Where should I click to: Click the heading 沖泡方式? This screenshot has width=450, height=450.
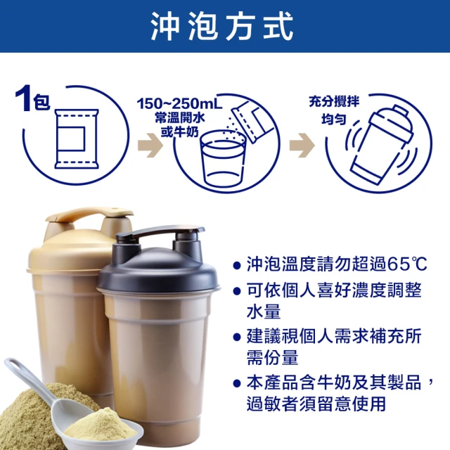coord(222,27)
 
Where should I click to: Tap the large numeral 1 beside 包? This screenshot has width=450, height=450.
coord(23,98)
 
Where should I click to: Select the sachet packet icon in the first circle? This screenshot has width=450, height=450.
coord(77,139)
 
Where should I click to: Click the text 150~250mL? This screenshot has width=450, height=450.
coord(179,103)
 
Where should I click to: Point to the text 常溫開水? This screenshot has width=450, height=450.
coord(180,117)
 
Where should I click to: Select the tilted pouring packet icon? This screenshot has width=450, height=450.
coord(252,121)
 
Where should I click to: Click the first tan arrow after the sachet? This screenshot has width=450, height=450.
coord(150,146)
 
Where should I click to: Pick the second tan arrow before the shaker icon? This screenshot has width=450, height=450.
coord(302,146)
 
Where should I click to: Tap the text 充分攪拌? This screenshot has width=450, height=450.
coord(334,101)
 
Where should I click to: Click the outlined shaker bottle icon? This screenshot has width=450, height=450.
coord(381,144)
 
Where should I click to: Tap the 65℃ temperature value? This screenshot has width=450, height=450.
coord(407,264)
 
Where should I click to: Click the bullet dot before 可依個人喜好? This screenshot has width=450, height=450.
coord(237,291)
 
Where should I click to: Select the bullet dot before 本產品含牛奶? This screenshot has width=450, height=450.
coord(237,383)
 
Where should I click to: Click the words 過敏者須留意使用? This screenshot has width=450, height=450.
coord(316,404)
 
